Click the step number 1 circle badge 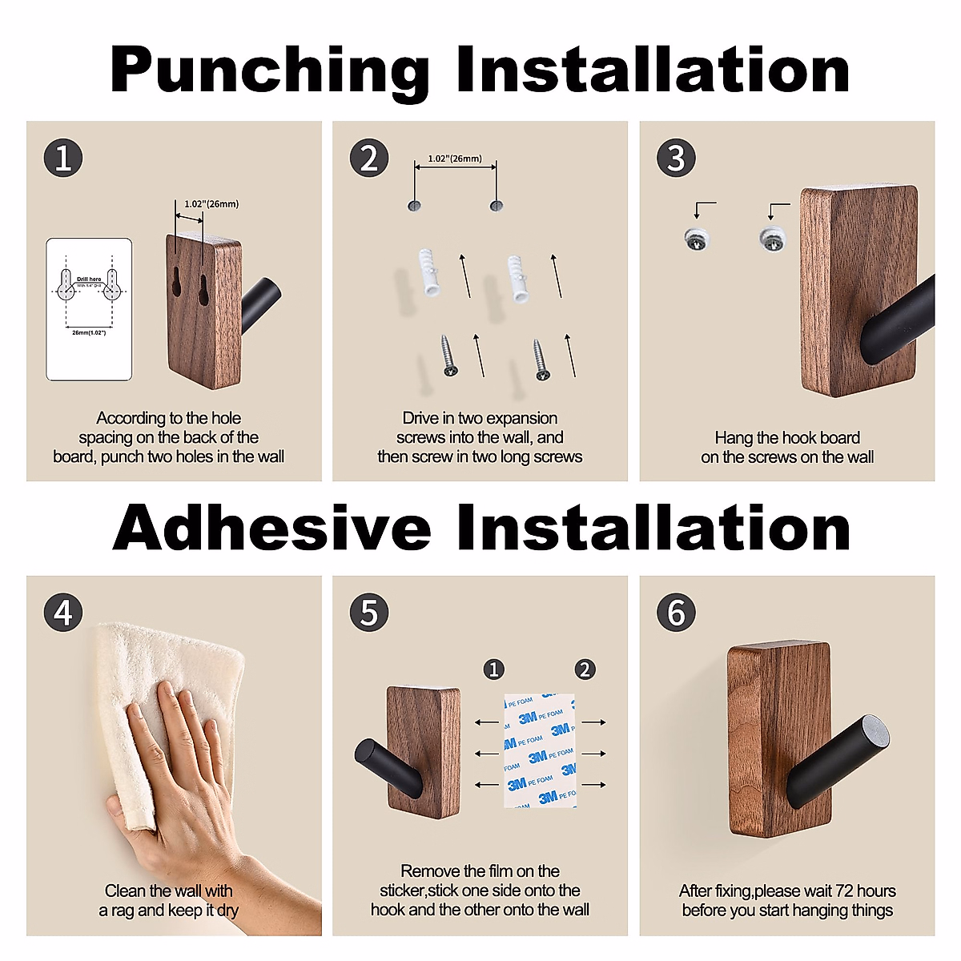63,158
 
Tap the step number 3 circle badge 676,158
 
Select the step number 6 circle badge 676,613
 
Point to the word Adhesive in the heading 271,529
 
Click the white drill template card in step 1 89,308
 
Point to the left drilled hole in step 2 414,206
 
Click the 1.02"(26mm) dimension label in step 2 455,159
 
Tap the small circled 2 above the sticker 585,669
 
